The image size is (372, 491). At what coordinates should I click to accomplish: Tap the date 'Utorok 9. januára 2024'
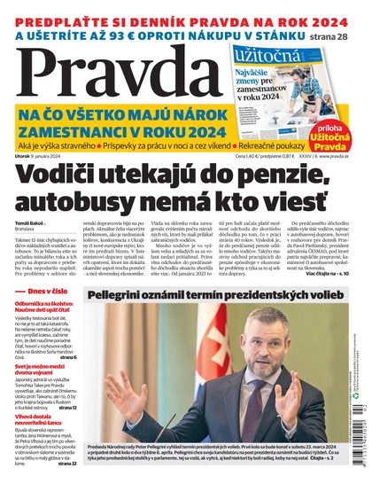tap(53, 156)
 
